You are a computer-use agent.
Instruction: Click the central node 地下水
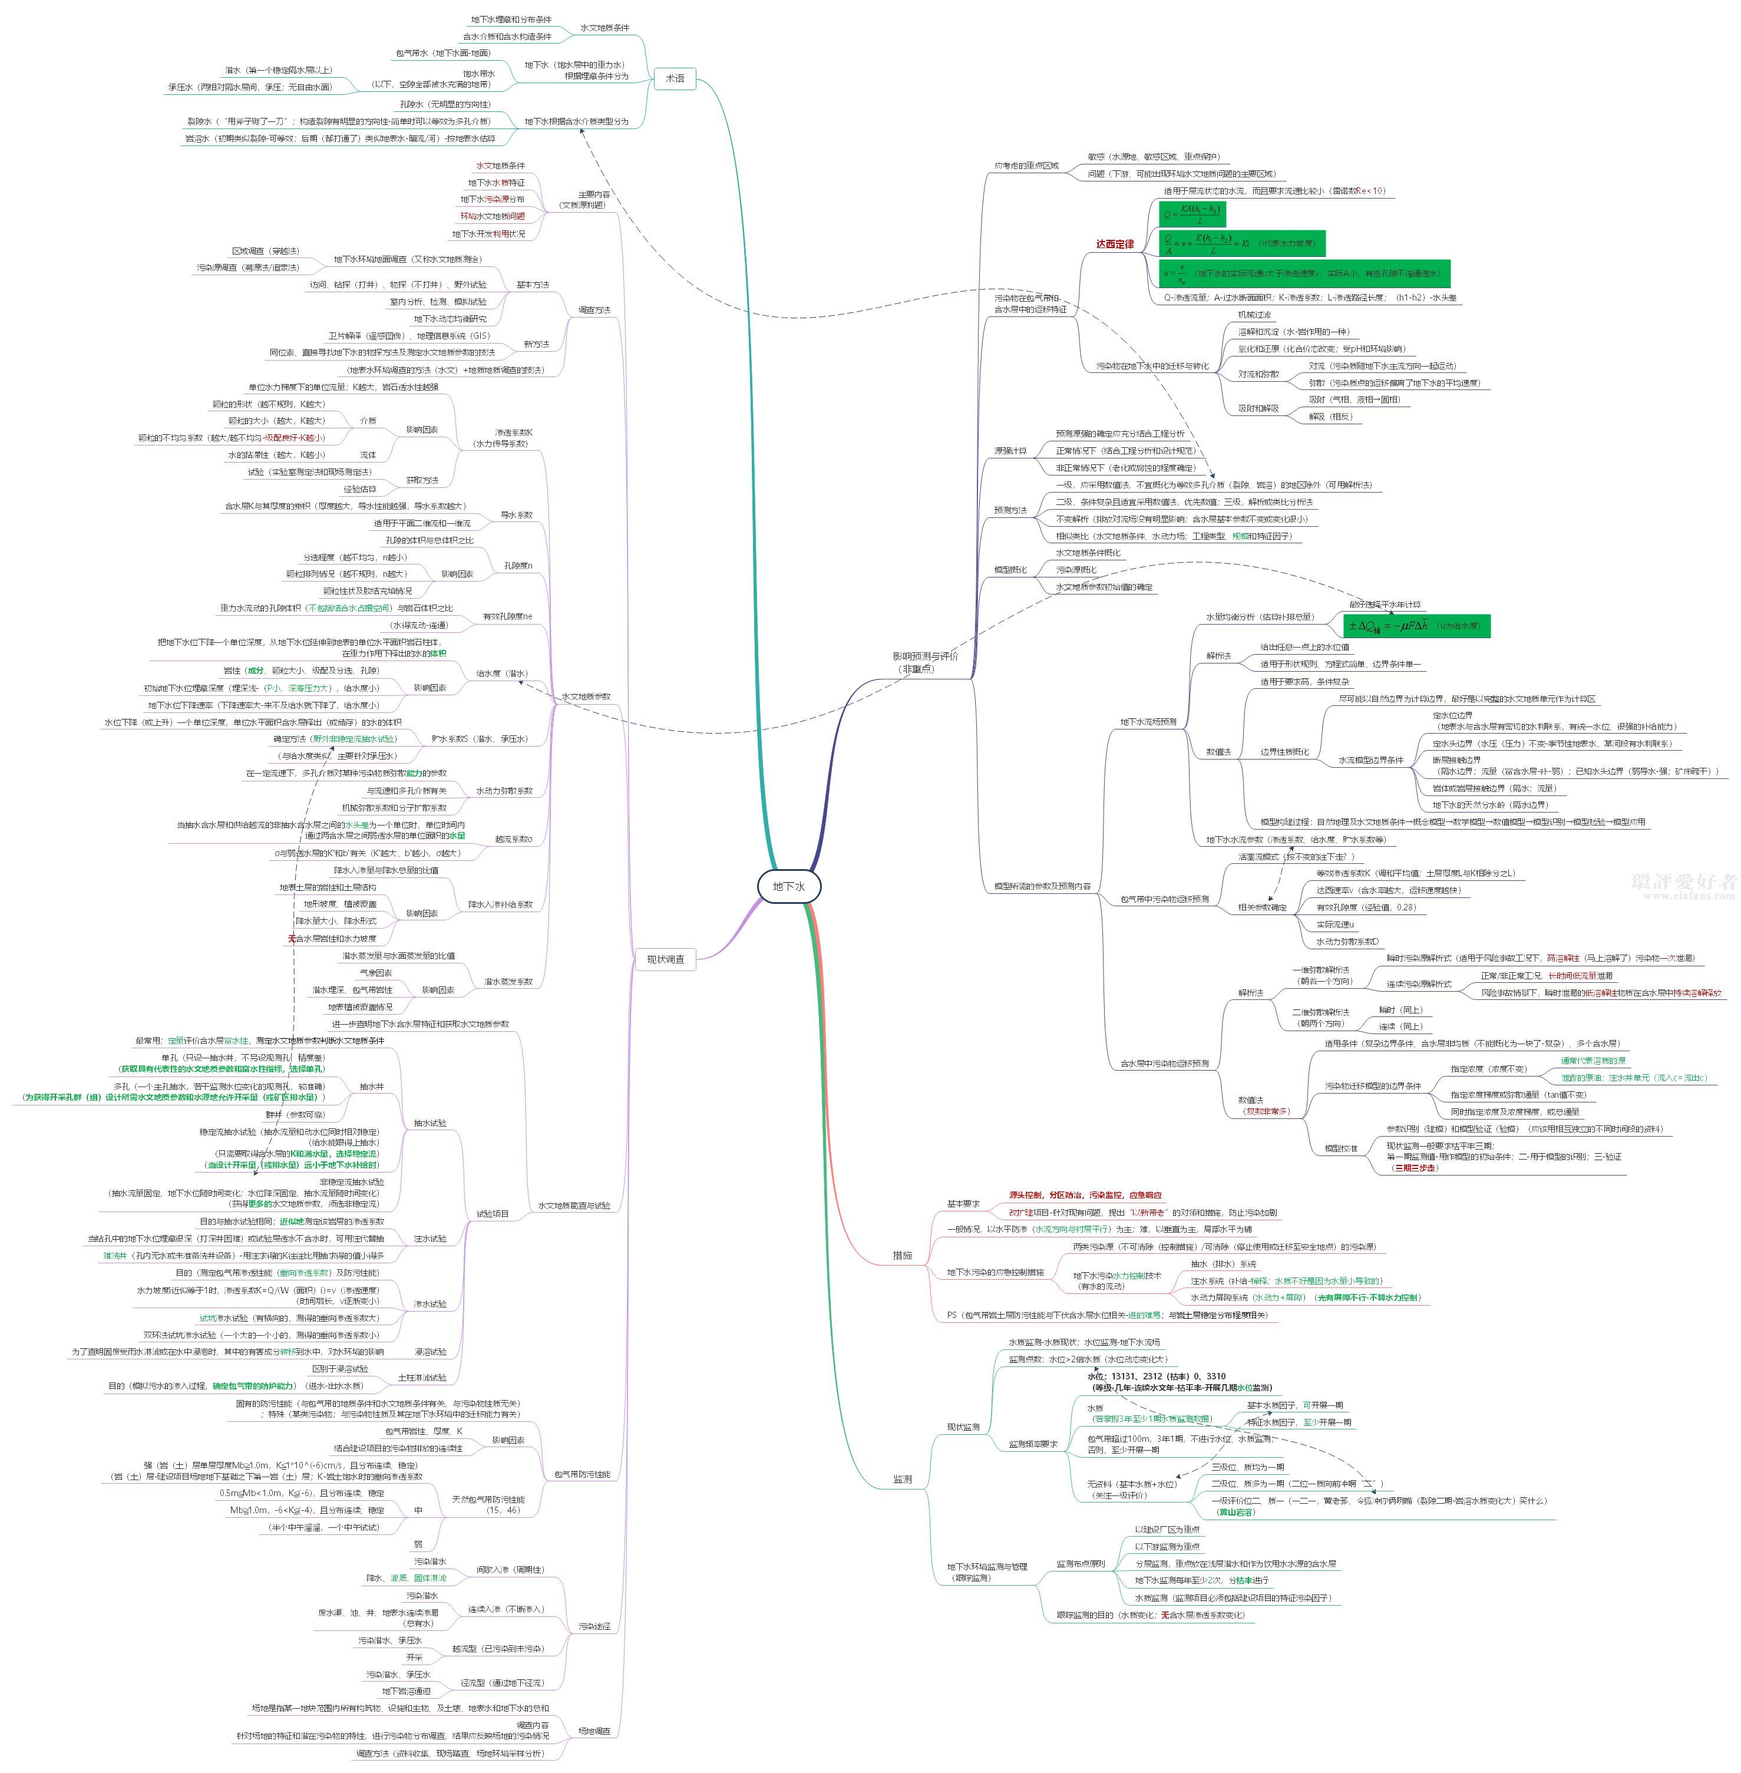788,886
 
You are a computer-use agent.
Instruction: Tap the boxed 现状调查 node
666,959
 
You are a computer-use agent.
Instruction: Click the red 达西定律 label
1115,244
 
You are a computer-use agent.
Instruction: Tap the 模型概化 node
1010,570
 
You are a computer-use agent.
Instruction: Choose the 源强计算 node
1010,451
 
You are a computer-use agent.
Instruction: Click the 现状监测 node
963,1427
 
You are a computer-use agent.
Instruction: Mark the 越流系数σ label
513,838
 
